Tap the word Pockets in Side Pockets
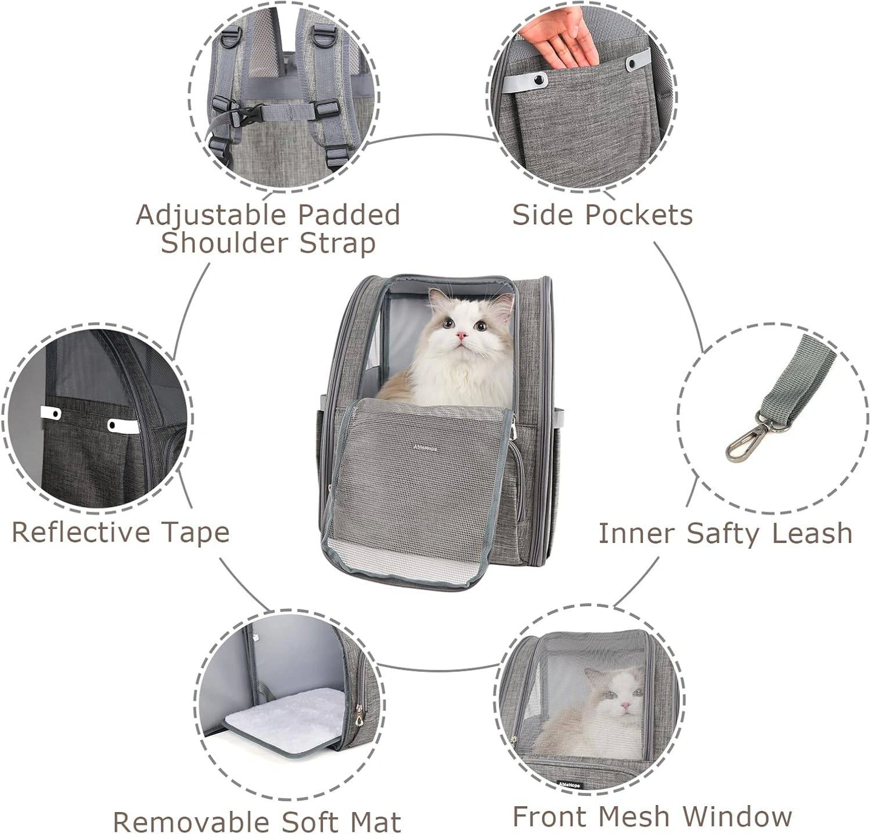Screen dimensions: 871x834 pyautogui.click(x=639, y=215)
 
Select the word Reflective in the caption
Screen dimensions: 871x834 pyautogui.click(x=80, y=532)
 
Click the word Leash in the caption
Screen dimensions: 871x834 pyautogui.click(x=817, y=533)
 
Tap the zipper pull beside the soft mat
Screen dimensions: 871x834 pyautogui.click(x=358, y=713)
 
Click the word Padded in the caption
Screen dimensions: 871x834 pyautogui.click(x=348, y=215)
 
